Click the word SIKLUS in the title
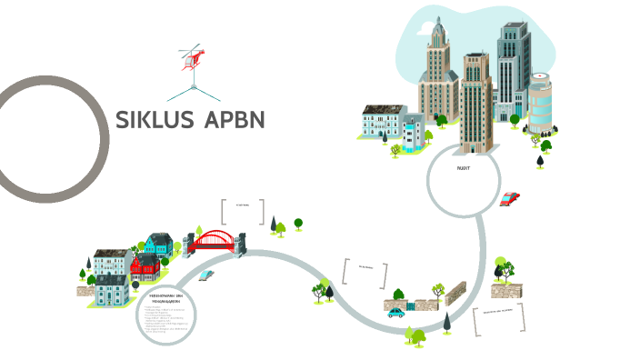coord(154,119)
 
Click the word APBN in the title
coord(234,119)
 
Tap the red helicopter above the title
coord(192,56)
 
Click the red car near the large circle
coord(510,198)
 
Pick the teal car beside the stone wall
coord(396,312)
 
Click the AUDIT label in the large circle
coord(463,168)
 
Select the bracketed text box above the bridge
coord(243,211)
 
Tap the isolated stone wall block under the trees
coord(502,290)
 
